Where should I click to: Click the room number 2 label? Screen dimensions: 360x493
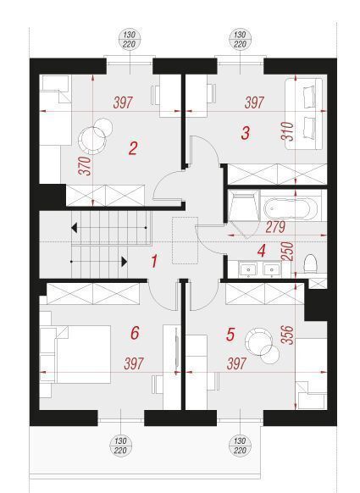[133, 148]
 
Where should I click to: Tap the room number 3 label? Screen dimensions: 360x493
[246, 133]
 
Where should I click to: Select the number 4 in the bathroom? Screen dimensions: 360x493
[261, 251]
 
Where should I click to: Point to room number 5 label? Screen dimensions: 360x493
[230, 335]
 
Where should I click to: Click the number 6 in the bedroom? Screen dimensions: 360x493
[135, 333]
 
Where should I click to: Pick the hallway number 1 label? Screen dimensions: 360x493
[154, 261]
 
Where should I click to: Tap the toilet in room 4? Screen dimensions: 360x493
[310, 263]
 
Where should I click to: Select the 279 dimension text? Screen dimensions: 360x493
[275, 227]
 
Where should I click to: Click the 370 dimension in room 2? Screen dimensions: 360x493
[85, 166]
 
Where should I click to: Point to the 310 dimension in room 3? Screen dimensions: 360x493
[288, 130]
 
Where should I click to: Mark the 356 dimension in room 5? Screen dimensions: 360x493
[288, 335]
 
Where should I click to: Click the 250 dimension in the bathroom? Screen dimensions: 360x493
[288, 251]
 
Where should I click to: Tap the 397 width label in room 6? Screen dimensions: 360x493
[134, 363]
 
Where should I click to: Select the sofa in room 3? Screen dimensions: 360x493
[304, 114]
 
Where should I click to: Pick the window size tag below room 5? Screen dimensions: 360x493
[240, 446]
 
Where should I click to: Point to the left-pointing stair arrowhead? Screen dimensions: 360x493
[75, 227]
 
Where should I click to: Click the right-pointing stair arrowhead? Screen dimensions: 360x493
[125, 262]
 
